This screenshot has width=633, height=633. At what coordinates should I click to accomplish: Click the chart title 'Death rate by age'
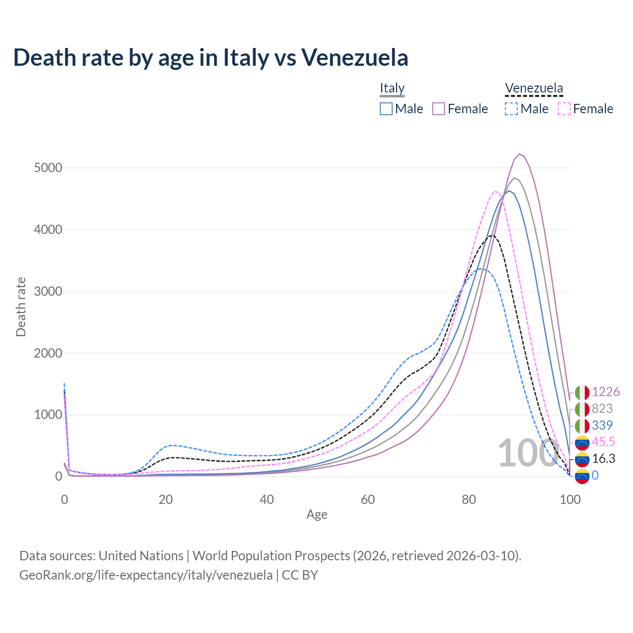[x=211, y=57]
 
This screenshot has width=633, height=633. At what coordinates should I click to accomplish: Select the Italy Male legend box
[x=386, y=109]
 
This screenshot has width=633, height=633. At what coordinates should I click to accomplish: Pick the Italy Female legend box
[x=439, y=109]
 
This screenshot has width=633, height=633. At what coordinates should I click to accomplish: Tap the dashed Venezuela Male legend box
[x=511, y=109]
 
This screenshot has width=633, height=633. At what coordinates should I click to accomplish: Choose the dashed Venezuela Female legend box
[x=564, y=109]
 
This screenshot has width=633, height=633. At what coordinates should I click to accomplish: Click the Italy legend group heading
[x=392, y=88]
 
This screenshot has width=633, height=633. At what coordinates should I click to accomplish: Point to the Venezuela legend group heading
[x=534, y=88]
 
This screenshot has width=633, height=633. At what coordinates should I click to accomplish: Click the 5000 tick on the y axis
[x=48, y=168]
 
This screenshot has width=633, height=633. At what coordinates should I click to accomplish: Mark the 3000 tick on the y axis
[x=48, y=291]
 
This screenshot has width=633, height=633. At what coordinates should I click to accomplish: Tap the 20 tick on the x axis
[x=166, y=499]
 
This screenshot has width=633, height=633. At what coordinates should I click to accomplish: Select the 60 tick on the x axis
[x=368, y=499]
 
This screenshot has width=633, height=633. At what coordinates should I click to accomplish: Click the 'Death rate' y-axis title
[x=21, y=307]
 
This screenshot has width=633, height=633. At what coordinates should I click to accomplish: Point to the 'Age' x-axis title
[x=316, y=515]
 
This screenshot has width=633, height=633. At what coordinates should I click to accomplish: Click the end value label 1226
[x=606, y=392]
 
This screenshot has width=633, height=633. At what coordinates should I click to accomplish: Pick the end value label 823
[x=602, y=409]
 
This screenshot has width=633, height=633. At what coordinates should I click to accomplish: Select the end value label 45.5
[x=603, y=442]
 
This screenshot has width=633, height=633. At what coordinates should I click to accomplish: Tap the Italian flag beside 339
[x=582, y=426]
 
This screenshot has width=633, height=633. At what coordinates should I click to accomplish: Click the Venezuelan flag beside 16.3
[x=582, y=459]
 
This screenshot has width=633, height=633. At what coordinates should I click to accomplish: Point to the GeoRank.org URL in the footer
[x=146, y=575]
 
